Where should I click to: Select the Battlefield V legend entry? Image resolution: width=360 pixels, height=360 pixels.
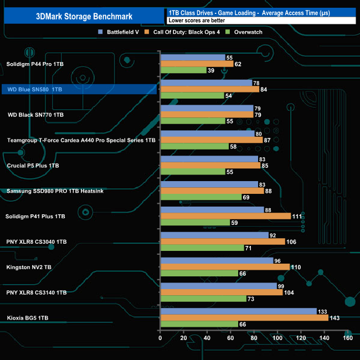click(121, 32)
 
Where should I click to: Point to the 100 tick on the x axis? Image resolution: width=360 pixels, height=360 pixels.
click(277, 338)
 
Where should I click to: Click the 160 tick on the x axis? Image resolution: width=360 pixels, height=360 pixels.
click(348, 338)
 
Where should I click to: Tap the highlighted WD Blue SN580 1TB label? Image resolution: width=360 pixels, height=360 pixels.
click(34, 89)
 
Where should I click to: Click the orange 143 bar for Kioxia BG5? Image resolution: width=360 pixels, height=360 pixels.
click(244, 318)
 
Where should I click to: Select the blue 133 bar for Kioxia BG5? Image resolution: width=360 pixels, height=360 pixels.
click(238, 311)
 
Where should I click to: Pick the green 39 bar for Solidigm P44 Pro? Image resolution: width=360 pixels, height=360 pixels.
click(183, 70)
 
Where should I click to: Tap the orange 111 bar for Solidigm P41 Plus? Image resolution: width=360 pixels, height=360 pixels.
click(225, 216)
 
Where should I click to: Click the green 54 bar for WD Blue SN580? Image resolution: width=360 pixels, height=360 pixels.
click(192, 96)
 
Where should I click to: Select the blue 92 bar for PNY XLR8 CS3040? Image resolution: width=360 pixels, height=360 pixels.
click(214, 235)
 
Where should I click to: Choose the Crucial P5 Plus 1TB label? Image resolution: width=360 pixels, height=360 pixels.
click(33, 166)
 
